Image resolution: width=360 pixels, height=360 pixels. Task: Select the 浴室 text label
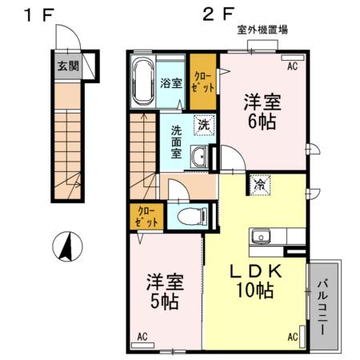170,82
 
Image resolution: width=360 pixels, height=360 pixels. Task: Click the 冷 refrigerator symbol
261,184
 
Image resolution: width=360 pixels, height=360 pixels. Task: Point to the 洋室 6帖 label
262,111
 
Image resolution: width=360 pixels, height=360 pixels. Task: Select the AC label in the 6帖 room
292,66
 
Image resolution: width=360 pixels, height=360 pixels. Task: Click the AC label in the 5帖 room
142,336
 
